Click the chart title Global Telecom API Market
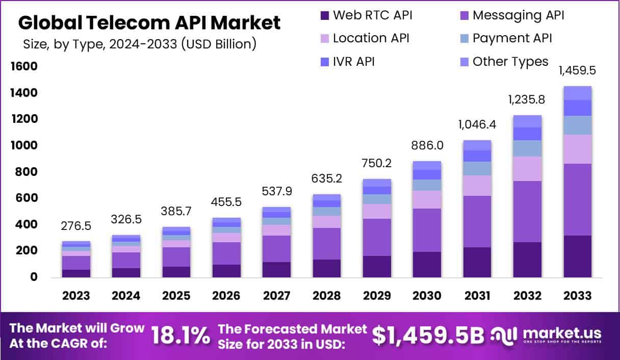[x=149, y=22]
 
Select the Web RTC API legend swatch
[x=324, y=15]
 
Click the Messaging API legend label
[x=518, y=15]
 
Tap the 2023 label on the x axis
[x=76, y=296]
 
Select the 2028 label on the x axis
[x=327, y=296]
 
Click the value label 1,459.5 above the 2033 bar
[x=577, y=70]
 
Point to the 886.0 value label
[x=427, y=145]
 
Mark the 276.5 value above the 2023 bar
[x=76, y=225]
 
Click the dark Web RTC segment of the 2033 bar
[x=577, y=256]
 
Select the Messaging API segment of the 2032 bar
[x=527, y=211]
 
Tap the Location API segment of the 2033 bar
[x=577, y=149]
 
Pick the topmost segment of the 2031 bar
[x=477, y=145]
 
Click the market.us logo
[x=546, y=335]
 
